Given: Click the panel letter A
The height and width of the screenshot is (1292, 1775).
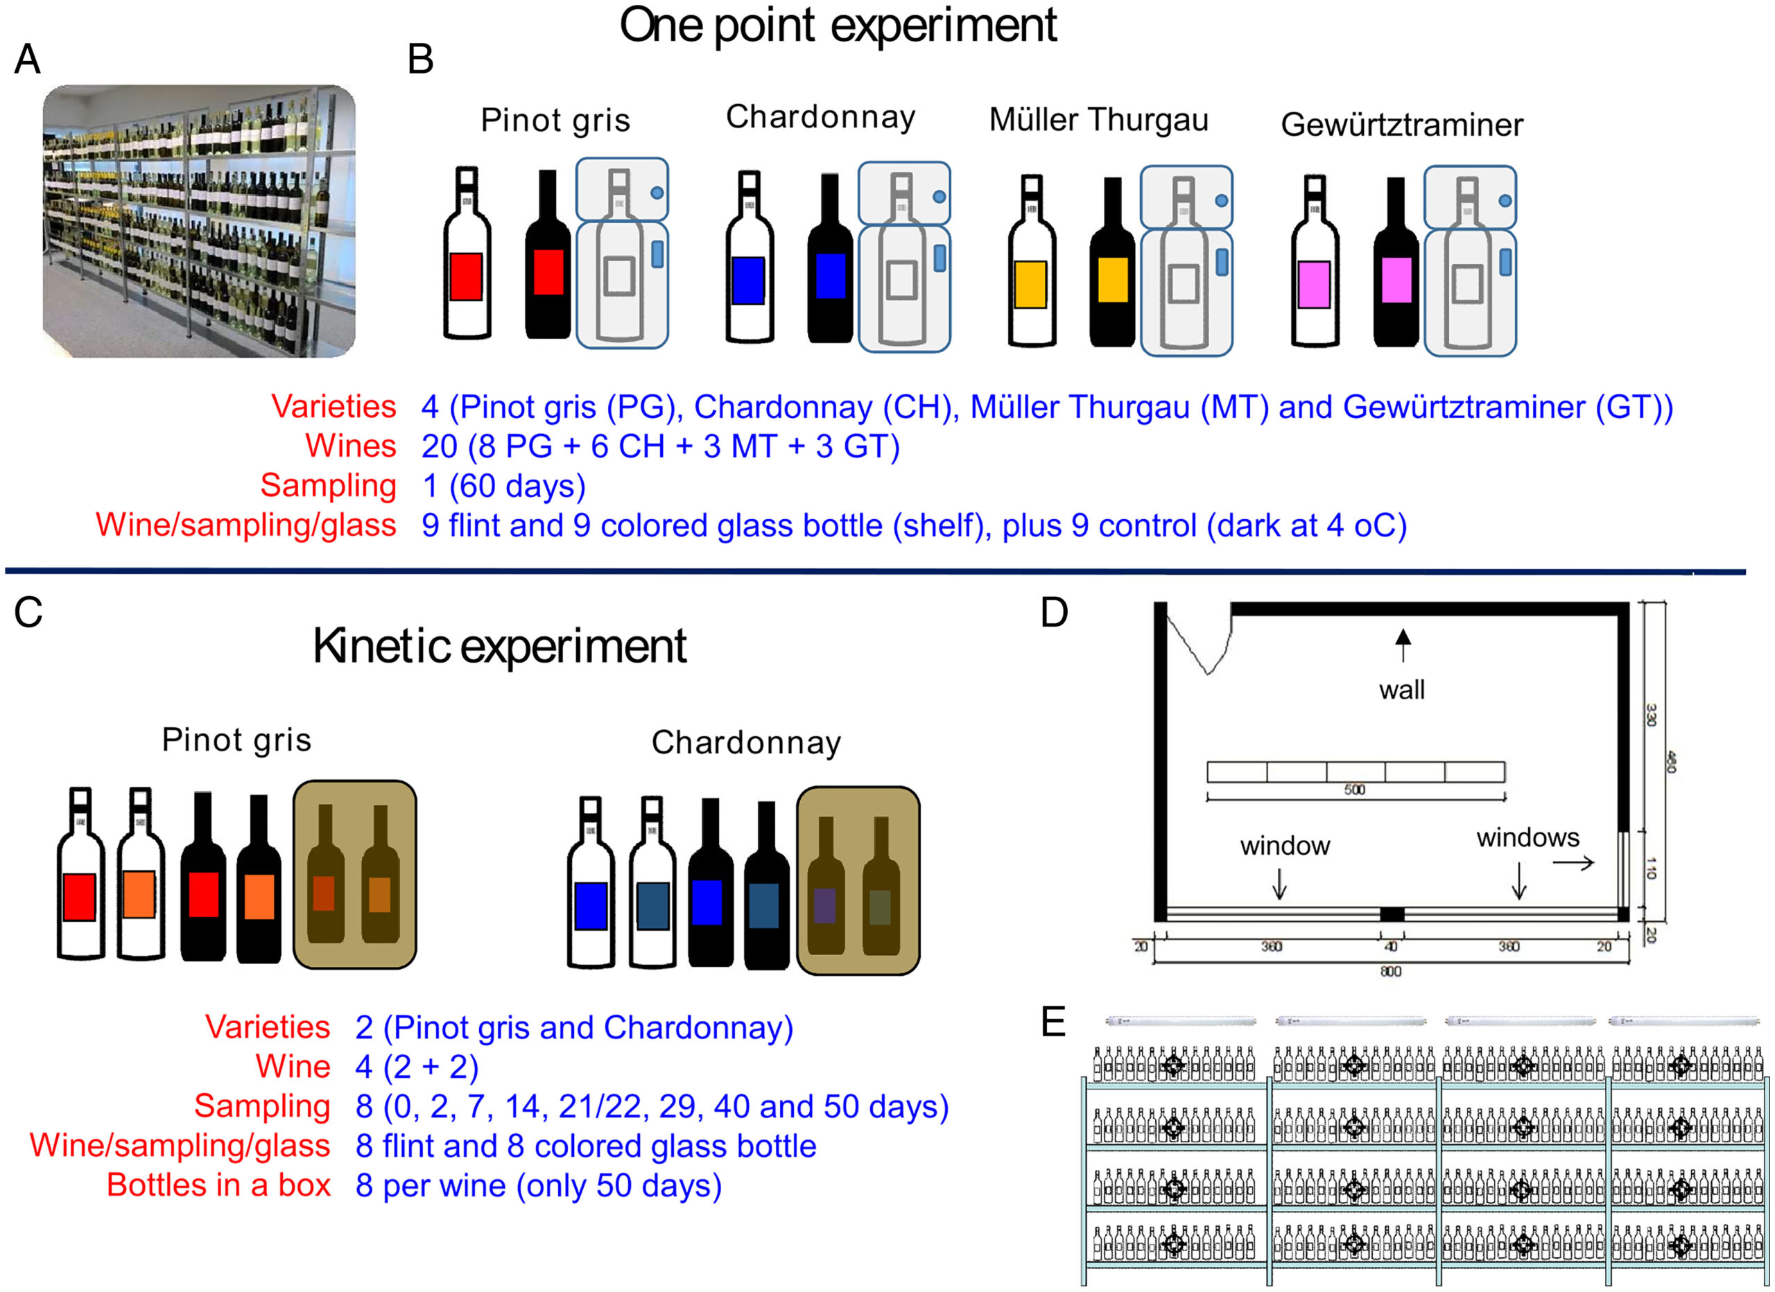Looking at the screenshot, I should tap(28, 60).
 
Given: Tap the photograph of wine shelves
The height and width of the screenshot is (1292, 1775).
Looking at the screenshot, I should tap(199, 222).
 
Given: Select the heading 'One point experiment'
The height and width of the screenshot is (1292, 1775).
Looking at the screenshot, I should tap(838, 25).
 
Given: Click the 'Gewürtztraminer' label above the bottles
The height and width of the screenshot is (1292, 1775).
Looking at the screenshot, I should tap(1401, 125).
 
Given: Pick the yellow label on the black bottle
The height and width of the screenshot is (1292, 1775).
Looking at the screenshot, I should tap(1112, 279).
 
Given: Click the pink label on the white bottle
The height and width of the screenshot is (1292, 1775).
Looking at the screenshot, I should tap(1314, 285).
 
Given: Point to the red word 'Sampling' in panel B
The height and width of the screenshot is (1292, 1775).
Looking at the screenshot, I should tap(328, 485).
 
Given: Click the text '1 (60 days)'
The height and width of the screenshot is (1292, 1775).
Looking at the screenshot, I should tap(503, 486).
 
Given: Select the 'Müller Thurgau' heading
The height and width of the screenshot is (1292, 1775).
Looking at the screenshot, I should tap(1098, 121).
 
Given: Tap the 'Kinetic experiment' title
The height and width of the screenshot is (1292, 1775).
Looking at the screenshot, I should tap(499, 647).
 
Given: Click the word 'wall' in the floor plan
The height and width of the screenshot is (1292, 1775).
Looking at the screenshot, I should tap(1401, 690).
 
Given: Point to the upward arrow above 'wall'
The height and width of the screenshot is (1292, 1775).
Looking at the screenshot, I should tap(1403, 645).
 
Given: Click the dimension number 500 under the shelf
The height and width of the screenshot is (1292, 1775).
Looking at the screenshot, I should tap(1355, 789).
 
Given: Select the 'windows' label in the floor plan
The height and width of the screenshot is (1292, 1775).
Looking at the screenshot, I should tap(1527, 838).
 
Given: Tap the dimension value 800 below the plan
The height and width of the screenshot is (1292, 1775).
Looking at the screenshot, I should tap(1391, 971).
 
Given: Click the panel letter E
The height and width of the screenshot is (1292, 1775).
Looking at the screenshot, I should tap(1053, 1021).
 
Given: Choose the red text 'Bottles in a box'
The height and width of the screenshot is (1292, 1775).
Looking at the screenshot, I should tap(218, 1185).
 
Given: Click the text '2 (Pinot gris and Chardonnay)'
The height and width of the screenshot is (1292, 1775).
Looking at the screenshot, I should tap(573, 1027).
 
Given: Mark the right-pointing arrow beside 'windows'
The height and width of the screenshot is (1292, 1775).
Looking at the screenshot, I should tap(1573, 863).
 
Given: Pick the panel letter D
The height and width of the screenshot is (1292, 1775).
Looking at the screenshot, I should tap(1054, 613).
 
